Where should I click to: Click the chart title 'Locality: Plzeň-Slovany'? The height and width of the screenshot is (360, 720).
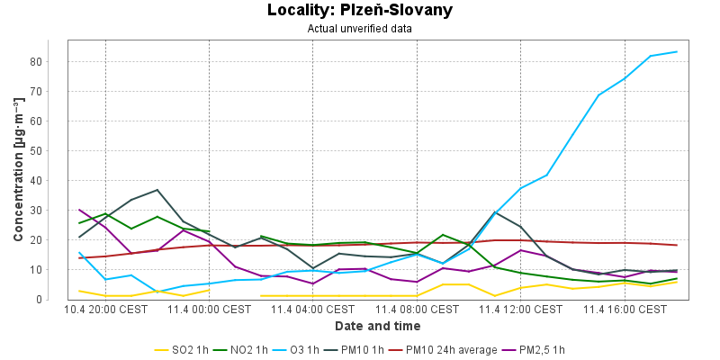pos(360,11)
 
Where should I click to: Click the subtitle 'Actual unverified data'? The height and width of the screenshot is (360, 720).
pos(360,28)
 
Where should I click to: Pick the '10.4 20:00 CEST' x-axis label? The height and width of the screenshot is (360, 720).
pos(106,310)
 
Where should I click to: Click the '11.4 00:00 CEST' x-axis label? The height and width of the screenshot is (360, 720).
pos(210,310)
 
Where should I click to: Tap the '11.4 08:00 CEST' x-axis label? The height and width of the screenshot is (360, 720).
pos(417,310)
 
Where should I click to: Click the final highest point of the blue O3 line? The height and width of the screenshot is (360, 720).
pos(677,51)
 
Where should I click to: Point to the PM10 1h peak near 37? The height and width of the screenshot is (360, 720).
pos(157,190)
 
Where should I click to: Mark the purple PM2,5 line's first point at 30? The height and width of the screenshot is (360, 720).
pos(80,210)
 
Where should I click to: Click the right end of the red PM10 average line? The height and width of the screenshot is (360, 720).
pos(677,245)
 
